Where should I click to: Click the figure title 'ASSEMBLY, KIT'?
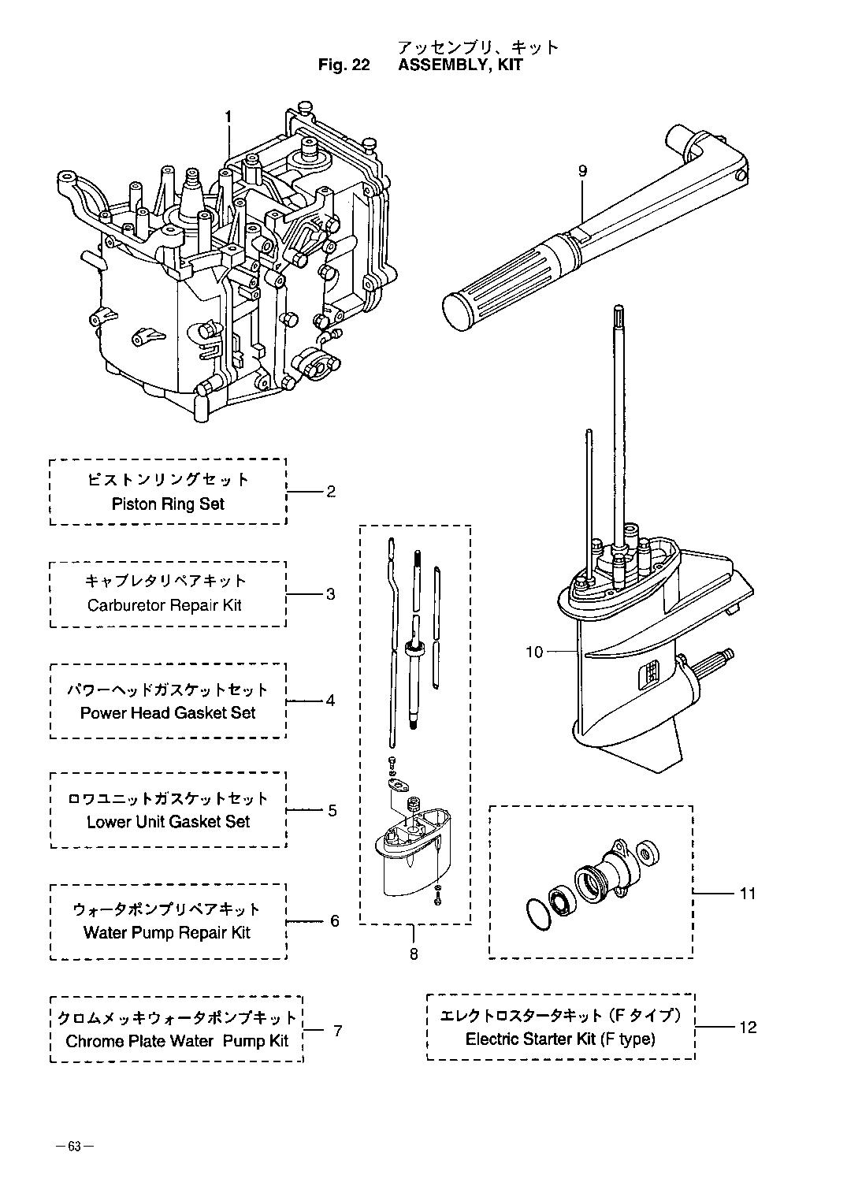[460, 65]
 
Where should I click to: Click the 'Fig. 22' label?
[344, 65]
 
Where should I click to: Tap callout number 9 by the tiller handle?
[582, 170]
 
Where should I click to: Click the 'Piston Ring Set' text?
[168, 504]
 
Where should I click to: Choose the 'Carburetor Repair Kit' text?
[165, 605]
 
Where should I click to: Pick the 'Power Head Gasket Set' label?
[168, 712]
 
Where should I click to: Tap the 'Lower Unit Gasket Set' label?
[168, 821]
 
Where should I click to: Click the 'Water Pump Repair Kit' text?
[167, 932]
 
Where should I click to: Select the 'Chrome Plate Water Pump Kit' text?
[177, 1040]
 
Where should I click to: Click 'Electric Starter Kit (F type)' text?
[560, 1039]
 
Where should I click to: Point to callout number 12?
[748, 1028]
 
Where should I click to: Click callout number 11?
[747, 894]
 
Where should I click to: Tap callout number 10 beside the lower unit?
[534, 652]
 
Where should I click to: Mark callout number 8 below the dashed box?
[414, 954]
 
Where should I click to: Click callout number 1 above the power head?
[228, 117]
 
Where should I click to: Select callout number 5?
[332, 810]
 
